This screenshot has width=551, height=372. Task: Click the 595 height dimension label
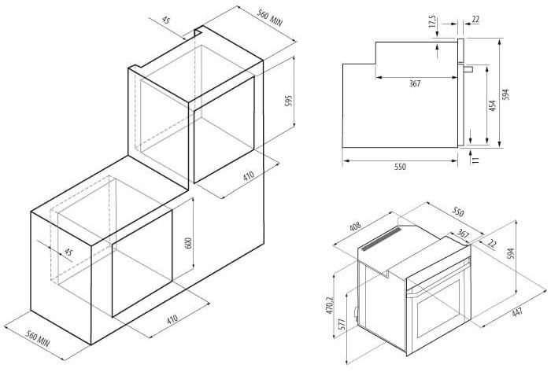coord(289,101)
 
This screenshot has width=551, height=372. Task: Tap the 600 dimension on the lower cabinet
coord(188,244)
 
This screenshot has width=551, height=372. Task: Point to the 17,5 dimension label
coord(432,22)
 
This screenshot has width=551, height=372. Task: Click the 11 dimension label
coord(475,160)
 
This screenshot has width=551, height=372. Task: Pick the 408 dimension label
coord(355,228)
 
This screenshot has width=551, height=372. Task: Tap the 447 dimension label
coord(517,312)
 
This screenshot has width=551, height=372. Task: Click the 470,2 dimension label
coord(329,304)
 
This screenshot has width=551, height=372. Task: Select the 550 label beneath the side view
coord(400,167)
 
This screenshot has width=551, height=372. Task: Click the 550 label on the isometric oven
coord(458,212)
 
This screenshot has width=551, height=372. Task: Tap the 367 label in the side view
coord(415,83)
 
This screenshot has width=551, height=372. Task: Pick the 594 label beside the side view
coord(505,94)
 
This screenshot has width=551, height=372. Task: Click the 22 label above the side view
coord(475,20)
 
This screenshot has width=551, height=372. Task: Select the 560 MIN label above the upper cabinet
coord(269,18)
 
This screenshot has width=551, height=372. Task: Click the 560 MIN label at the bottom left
coord(38,339)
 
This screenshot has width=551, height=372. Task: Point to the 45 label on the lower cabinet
coord(68,252)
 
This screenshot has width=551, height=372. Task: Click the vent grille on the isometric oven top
coord(381,238)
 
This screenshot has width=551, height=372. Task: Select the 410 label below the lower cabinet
coord(172,319)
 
